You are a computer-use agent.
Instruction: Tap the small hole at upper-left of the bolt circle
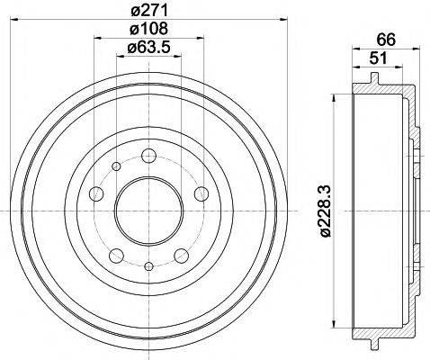click(116, 166)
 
